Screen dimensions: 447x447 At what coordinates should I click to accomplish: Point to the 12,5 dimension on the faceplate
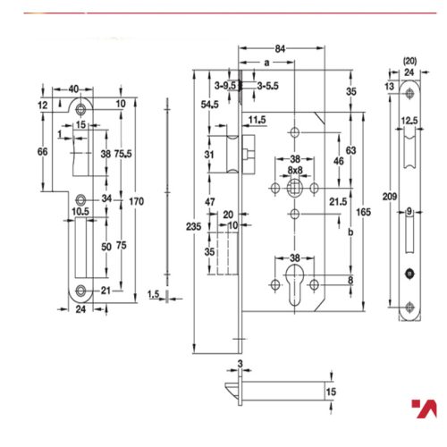(x=410, y=121)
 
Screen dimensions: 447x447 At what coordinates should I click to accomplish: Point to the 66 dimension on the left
(x=42, y=153)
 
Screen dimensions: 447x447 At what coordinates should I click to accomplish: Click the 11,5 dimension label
(x=257, y=119)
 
